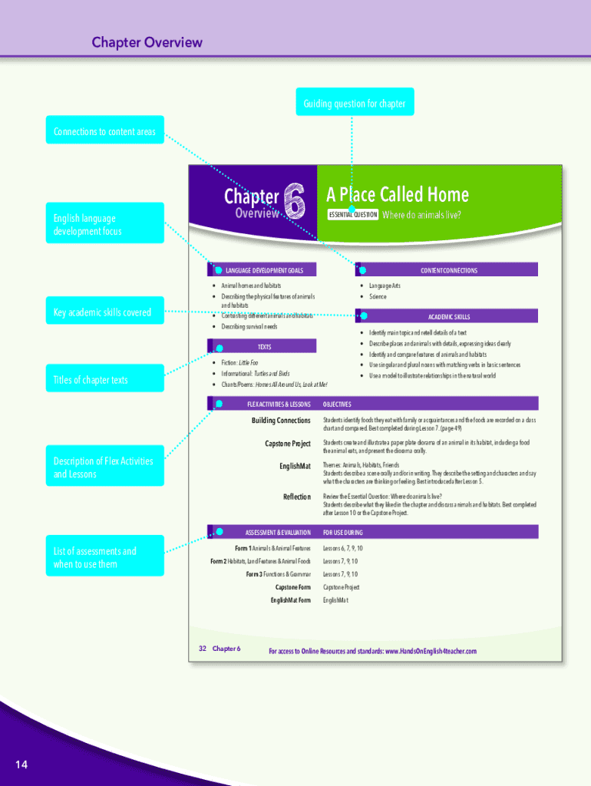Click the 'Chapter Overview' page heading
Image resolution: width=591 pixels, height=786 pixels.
pos(147,42)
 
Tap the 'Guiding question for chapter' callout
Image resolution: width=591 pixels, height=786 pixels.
pos(354,103)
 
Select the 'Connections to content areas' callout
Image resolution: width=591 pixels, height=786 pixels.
pos(104,131)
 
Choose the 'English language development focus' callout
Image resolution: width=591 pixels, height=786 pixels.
pos(104,224)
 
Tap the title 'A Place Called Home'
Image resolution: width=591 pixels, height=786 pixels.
pos(397,194)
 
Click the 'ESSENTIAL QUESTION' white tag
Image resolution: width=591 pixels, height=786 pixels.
pos(352,215)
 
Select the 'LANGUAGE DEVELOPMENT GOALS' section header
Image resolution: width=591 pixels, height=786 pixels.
pos(264,270)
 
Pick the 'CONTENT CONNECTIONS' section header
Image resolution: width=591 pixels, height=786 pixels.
pos(448,270)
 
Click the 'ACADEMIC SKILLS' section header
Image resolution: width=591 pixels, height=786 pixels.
pos(448,316)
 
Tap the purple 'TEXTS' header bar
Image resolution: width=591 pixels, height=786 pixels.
pos(263,347)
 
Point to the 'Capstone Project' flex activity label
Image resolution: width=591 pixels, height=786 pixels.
pos(288,444)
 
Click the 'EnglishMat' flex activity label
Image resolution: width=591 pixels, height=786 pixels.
pos(295,466)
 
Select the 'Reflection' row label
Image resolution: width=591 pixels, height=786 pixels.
pos(297,497)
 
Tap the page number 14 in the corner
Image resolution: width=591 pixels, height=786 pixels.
pos(21,764)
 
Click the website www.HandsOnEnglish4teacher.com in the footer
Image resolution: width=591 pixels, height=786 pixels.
pos(431,652)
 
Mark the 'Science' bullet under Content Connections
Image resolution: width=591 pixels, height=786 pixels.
pos(378,296)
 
